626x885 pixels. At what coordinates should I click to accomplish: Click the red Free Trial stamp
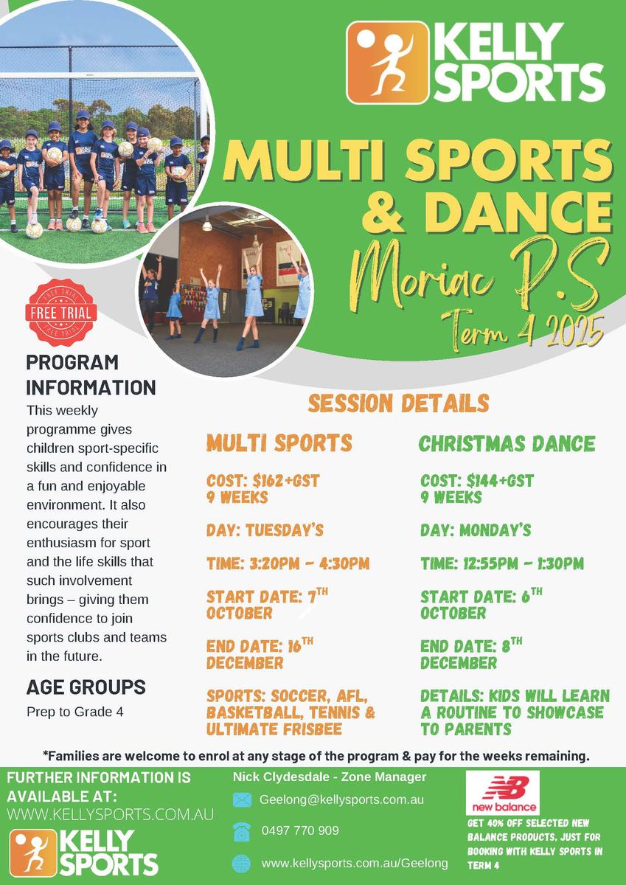coord(61,313)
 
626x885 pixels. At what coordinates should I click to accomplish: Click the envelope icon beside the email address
coord(242,800)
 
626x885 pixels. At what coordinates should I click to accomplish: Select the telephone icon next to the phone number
coord(242,832)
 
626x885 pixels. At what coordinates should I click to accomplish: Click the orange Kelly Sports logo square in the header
coord(387,63)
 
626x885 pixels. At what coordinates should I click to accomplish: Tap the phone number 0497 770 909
coord(300,830)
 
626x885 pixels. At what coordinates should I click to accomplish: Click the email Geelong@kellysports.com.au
coord(341,800)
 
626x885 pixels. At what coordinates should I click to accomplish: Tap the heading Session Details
coord(398,403)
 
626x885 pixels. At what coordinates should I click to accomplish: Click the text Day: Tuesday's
coord(265,530)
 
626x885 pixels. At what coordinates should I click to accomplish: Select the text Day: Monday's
coord(476,530)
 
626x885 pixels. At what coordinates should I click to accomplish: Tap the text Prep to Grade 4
coord(75,712)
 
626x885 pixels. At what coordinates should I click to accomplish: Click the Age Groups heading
coord(86,687)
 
